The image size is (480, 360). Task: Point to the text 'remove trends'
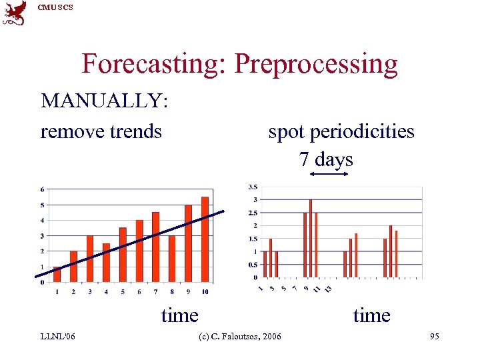[x=101, y=131]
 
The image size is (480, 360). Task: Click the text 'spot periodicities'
[x=341, y=131]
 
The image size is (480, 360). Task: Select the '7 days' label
[x=326, y=159]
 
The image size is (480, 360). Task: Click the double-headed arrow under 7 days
[x=329, y=175]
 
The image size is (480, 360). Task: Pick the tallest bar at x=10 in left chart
[x=205, y=239]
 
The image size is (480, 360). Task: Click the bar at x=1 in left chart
[x=57, y=273]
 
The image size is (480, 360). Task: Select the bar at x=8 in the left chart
[x=172, y=258]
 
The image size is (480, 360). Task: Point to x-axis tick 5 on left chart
[x=123, y=291]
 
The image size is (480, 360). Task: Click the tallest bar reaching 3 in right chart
[x=311, y=238]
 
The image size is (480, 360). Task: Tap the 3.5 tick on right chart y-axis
[x=253, y=187]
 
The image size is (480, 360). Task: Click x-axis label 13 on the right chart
[x=327, y=289]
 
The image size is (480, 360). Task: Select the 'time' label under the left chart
[x=179, y=315]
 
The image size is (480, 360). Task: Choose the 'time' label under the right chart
[x=371, y=315]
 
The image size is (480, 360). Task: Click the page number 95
[x=434, y=337]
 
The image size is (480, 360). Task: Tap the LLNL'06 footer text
[x=57, y=337]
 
